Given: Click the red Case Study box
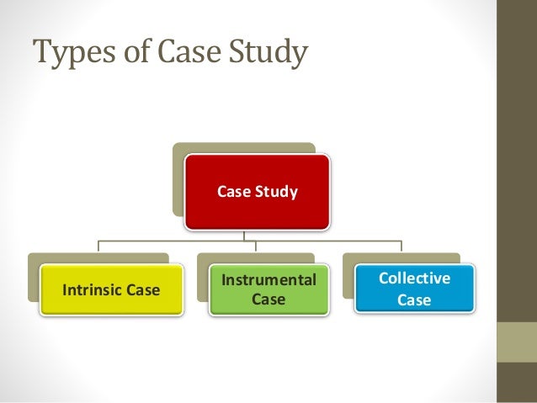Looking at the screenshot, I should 258,192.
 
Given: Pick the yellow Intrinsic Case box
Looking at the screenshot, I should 111,290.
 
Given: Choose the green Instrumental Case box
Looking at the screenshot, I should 268,289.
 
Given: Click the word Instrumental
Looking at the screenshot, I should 268,279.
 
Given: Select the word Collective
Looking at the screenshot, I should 414,278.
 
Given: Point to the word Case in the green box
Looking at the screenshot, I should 268,300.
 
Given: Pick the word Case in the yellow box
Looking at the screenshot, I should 142,290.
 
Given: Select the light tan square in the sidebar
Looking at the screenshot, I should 517,342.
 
